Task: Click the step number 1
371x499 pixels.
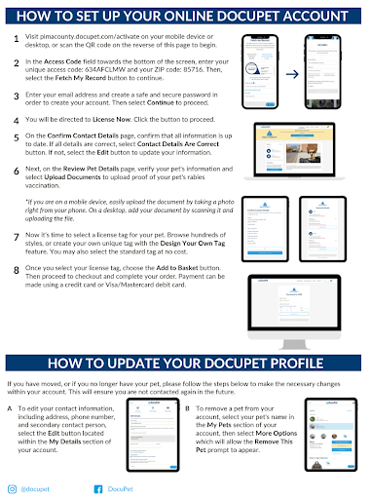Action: pos(14,40)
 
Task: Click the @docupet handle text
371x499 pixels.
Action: pos(40,485)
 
